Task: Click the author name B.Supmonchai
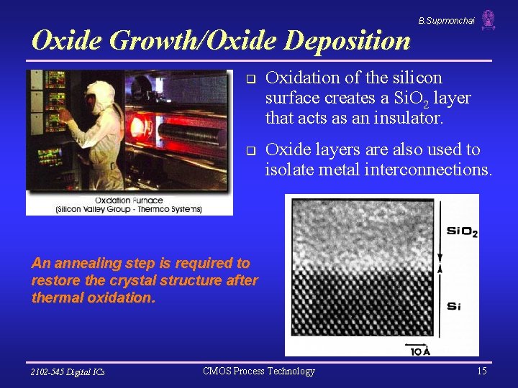(x=446, y=21)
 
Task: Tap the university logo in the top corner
(x=489, y=19)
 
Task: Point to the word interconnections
(x=429, y=170)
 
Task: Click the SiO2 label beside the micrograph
(x=462, y=231)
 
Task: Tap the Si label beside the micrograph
(x=453, y=306)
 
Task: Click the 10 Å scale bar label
(x=420, y=351)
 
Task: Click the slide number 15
(x=481, y=371)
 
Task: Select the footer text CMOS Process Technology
(x=259, y=371)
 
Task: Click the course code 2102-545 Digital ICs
(x=68, y=371)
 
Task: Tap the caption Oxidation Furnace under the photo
(x=129, y=200)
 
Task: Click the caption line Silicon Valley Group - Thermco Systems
(x=129, y=209)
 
